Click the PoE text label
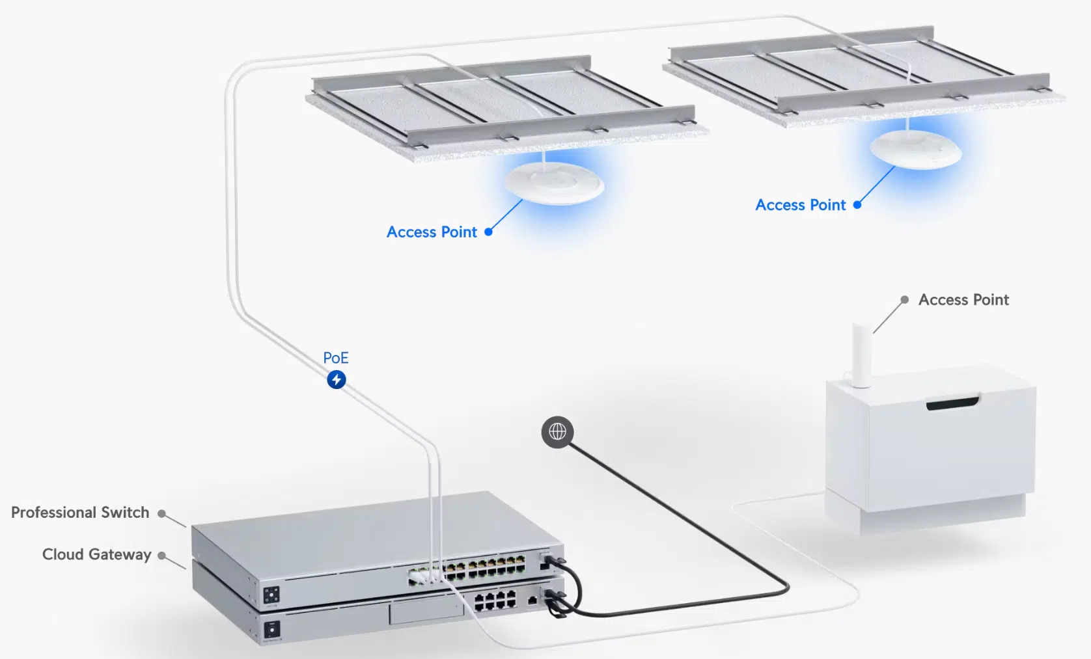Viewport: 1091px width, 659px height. pyautogui.click(x=335, y=358)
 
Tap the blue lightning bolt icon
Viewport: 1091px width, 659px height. pyautogui.click(x=336, y=379)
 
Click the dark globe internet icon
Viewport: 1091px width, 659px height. pyautogui.click(x=557, y=431)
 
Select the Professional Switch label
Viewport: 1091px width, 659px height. pyautogui.click(x=80, y=513)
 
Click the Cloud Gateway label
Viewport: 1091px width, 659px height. pyautogui.click(x=96, y=554)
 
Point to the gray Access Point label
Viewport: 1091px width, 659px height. pyautogui.click(x=963, y=300)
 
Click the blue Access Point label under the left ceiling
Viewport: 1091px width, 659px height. pyautogui.click(x=432, y=232)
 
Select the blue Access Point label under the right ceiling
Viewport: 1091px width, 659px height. pyautogui.click(x=800, y=205)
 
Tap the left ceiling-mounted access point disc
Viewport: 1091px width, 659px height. pyautogui.click(x=555, y=182)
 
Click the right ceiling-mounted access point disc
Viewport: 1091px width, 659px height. pyautogui.click(x=916, y=149)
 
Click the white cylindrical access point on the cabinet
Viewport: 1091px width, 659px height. pyautogui.click(x=862, y=355)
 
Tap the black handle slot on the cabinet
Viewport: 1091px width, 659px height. pyautogui.click(x=952, y=403)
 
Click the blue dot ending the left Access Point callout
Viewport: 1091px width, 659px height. pyautogui.click(x=488, y=232)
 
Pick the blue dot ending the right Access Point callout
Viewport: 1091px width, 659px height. pyautogui.click(x=857, y=204)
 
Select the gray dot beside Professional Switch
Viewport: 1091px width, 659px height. pyautogui.click(x=161, y=513)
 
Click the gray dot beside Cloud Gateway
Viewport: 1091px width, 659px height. pyautogui.click(x=161, y=556)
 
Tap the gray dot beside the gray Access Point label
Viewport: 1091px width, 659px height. pyautogui.click(x=904, y=300)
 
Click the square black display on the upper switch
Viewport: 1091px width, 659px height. pyautogui.click(x=271, y=594)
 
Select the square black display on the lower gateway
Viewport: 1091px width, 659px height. pyautogui.click(x=272, y=629)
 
